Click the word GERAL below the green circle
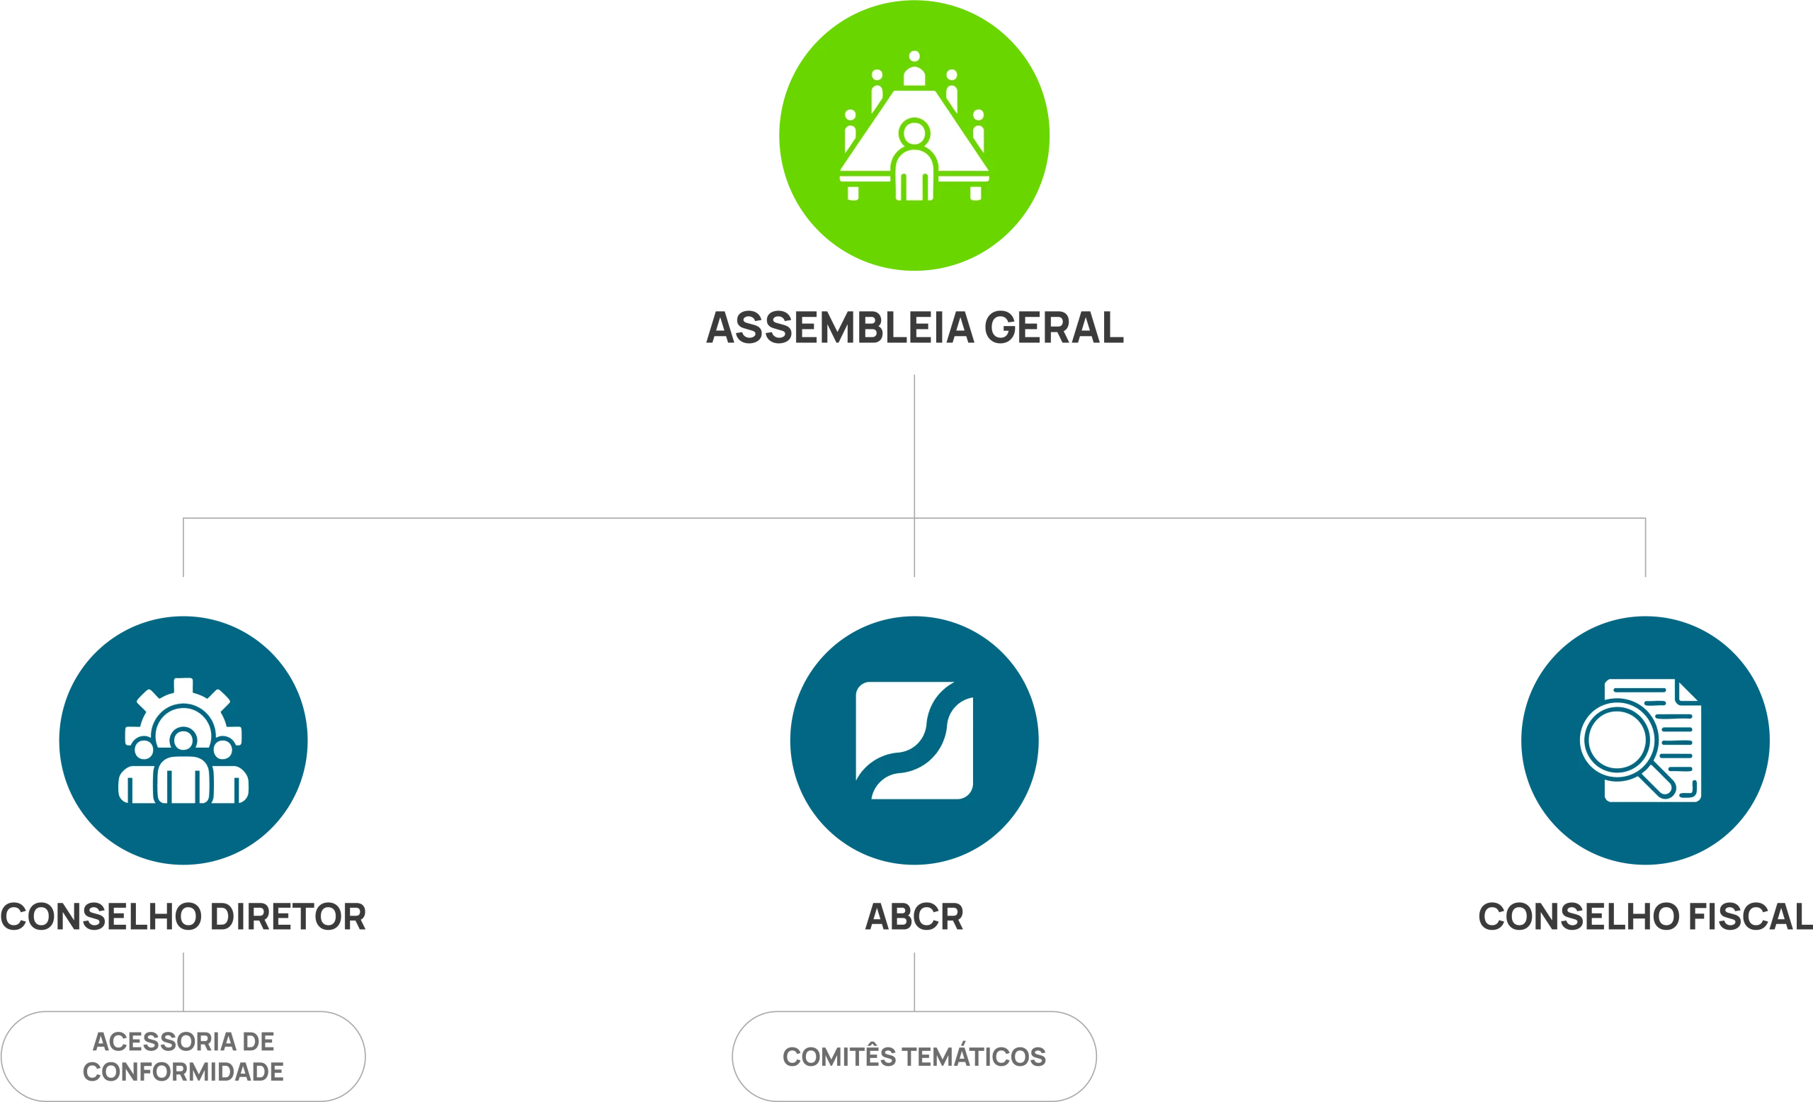pos(1052,327)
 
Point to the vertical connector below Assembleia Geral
pos(914,442)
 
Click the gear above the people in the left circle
pos(183,699)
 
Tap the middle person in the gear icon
pos(183,773)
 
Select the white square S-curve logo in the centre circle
pos(914,740)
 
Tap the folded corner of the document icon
pos(1688,692)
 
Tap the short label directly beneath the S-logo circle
pos(913,917)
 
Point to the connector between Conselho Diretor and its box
pos(183,981)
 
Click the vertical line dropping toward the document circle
pos(1646,549)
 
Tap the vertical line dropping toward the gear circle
pos(183,549)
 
